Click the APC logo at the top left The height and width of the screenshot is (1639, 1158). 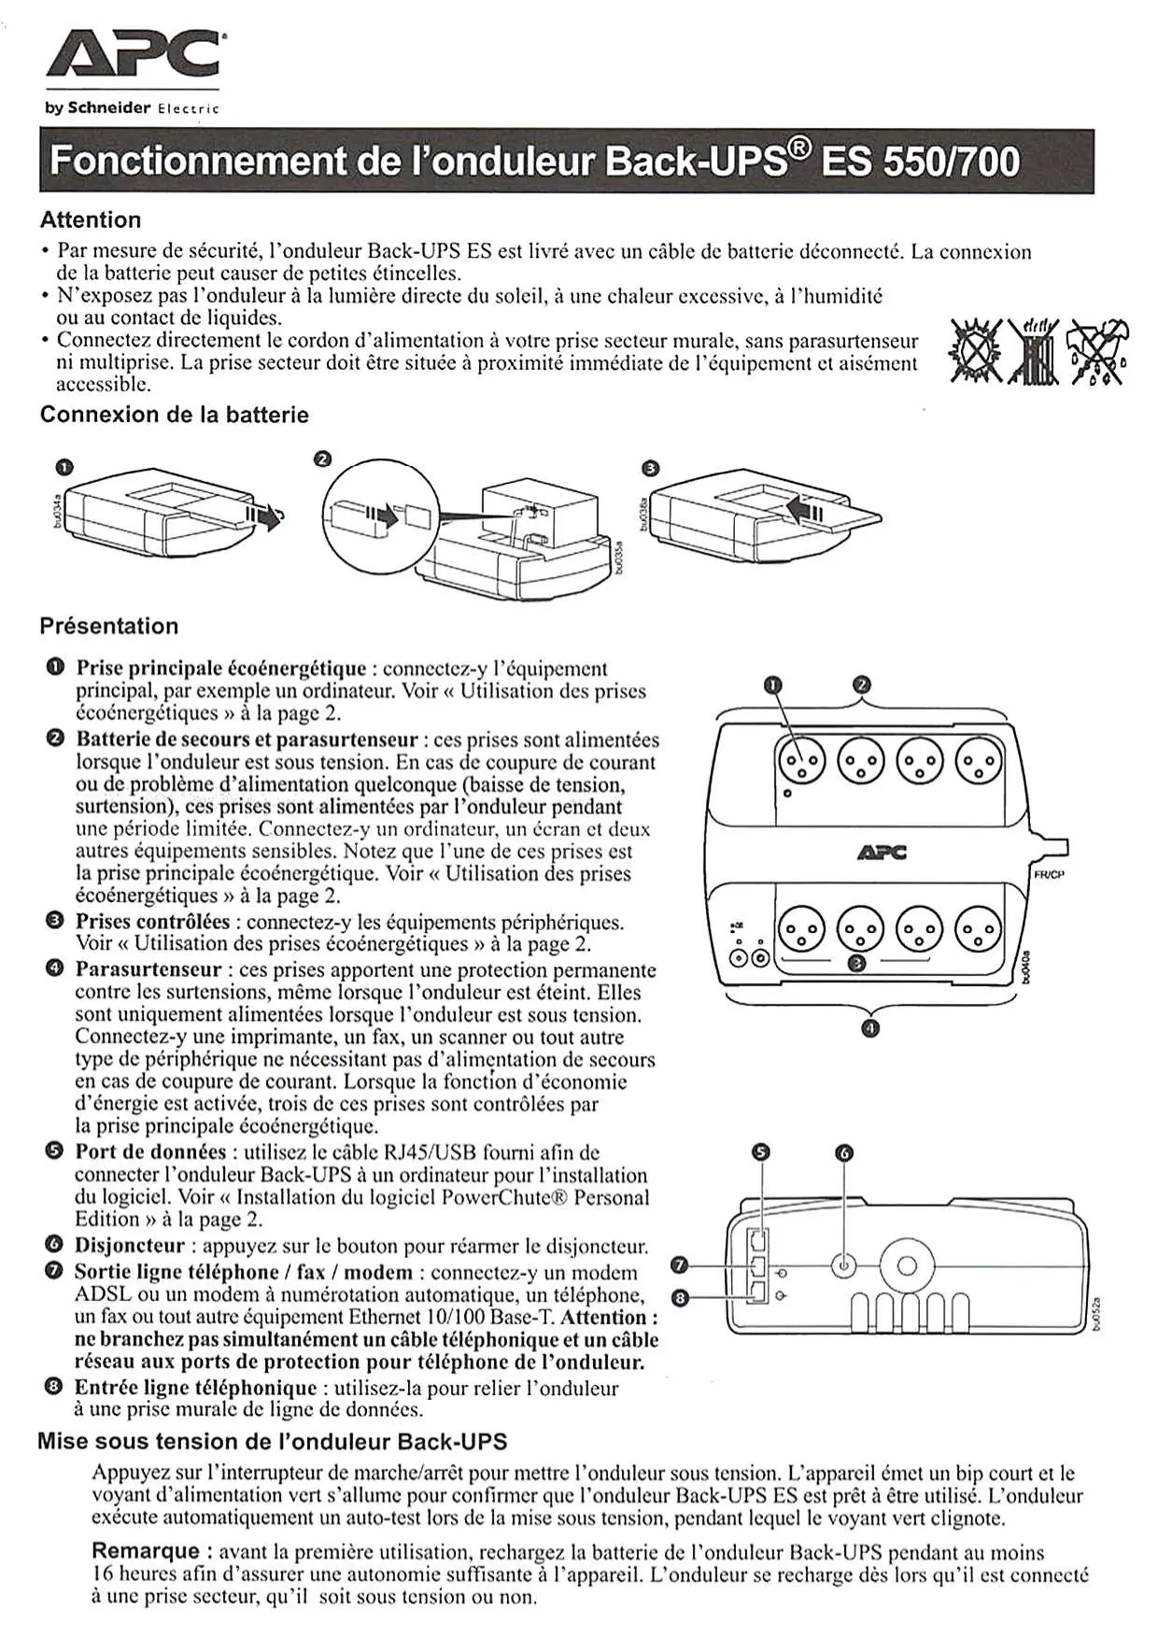coord(133,54)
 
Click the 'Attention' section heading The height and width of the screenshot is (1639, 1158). coord(91,220)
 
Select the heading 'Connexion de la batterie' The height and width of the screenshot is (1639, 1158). coord(174,415)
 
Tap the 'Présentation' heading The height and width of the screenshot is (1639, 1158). coord(108,626)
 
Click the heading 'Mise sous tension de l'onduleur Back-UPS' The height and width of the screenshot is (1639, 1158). coord(272,1441)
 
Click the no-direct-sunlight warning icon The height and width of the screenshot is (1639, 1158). coord(973,353)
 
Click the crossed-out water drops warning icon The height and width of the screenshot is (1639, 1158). coord(1098,351)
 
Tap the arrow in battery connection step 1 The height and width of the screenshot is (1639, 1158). coord(264,515)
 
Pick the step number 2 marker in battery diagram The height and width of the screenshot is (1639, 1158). coord(322,459)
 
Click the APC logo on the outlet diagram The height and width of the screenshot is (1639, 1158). coord(881,852)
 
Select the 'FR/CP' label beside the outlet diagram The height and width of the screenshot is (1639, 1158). coord(1050,874)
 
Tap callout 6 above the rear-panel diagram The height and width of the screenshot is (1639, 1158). coord(844,1153)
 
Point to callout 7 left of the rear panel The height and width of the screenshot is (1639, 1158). coord(681,1265)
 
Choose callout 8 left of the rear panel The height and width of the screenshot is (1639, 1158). coord(681,1297)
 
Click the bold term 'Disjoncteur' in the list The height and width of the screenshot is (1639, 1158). coord(130,1246)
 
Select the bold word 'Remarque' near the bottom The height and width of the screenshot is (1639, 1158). coord(145,1551)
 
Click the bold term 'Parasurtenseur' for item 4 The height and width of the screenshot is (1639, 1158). coord(148,969)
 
